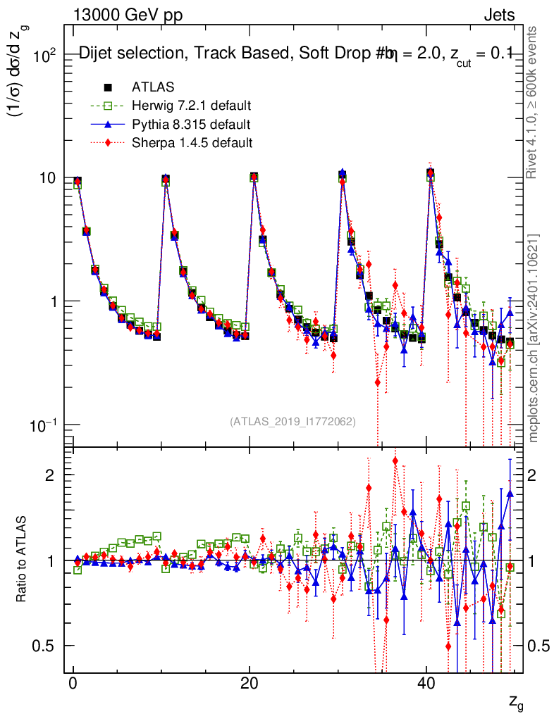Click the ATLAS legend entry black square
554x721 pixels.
click(x=108, y=87)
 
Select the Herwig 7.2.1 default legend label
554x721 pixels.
click(x=192, y=106)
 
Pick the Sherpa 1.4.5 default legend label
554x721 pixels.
click(x=192, y=143)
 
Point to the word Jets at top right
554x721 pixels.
click(x=498, y=15)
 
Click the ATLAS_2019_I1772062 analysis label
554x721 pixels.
click(x=293, y=422)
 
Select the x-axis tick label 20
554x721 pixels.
click(x=249, y=684)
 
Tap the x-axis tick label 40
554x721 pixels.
click(x=425, y=684)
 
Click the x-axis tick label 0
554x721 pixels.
click(x=73, y=684)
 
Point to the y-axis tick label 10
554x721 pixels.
click(x=48, y=177)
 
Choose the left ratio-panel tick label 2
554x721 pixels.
click(x=51, y=475)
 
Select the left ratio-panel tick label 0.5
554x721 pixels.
click(x=45, y=646)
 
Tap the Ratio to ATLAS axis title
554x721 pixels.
click(x=22, y=560)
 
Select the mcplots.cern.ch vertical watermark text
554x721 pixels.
click(x=534, y=338)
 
